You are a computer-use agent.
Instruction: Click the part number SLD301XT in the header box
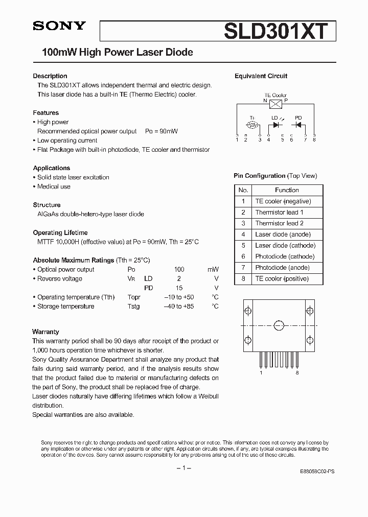click(275, 31)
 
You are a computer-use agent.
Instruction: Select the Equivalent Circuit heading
click(261, 76)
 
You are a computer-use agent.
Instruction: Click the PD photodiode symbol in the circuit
click(298, 124)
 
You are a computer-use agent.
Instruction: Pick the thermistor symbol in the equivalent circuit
click(252, 125)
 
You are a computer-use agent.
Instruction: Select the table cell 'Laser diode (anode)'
click(283, 234)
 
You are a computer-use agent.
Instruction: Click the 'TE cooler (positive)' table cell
click(282, 279)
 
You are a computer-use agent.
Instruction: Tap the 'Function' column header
click(287, 190)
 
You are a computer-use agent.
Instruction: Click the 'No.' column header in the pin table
click(243, 190)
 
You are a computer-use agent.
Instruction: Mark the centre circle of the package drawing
click(279, 325)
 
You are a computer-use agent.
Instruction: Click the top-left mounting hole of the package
click(248, 311)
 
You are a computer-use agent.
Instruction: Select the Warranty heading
click(45, 332)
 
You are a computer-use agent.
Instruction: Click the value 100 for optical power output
click(179, 269)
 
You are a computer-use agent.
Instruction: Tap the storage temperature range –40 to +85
click(179, 307)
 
